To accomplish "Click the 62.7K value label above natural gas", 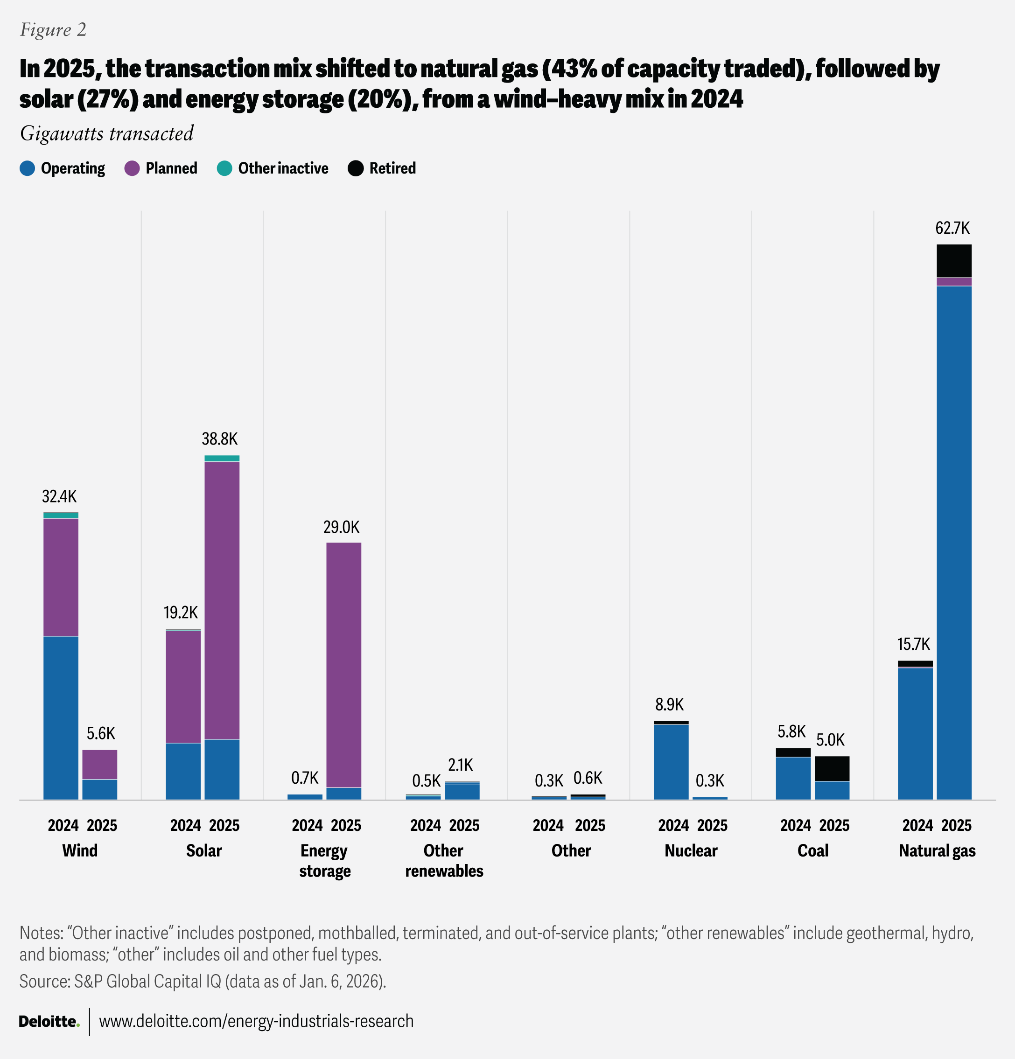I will point(952,229).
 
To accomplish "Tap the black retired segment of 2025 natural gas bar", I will point(954,260).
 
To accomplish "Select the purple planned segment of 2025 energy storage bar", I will point(344,665).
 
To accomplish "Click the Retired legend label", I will point(392,168).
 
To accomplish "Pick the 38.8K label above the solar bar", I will point(219,439).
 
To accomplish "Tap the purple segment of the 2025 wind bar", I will point(99,764).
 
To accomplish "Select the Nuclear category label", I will point(691,850).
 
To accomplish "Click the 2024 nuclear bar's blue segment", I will point(671,762).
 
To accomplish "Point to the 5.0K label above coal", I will point(830,740).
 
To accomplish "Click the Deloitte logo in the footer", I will point(49,1021).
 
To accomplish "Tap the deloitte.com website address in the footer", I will point(256,1021).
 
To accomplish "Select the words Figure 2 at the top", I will point(53,30).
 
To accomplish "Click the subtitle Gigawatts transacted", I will point(106,133).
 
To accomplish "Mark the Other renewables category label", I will point(444,861).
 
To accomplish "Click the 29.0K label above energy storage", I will point(341,527).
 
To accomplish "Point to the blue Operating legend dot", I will point(27,168).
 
